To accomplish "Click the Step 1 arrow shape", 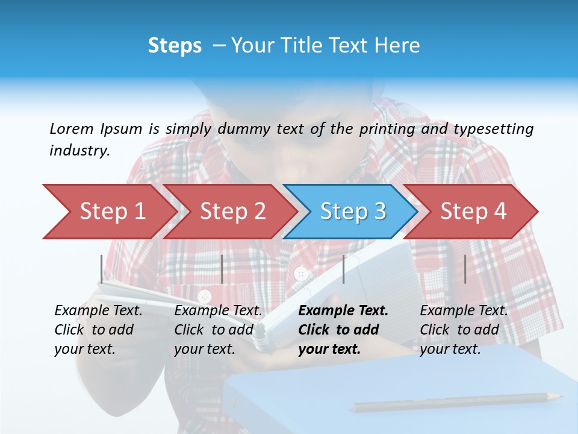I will click(x=108, y=212).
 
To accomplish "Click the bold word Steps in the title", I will click(x=175, y=46).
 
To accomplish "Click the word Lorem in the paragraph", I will click(x=71, y=128).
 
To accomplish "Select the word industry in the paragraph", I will click(x=79, y=151).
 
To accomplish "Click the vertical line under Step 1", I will click(x=102, y=269).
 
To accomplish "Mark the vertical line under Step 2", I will click(x=222, y=269).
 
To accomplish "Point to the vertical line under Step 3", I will click(x=343, y=269).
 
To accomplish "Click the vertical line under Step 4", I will click(x=465, y=269).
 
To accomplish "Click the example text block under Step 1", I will click(x=98, y=330).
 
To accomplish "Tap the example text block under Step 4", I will click(x=464, y=330).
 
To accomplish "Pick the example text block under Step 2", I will click(x=218, y=330).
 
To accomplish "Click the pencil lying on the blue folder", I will click(x=458, y=402).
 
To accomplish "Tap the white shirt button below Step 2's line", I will click(x=205, y=297).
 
